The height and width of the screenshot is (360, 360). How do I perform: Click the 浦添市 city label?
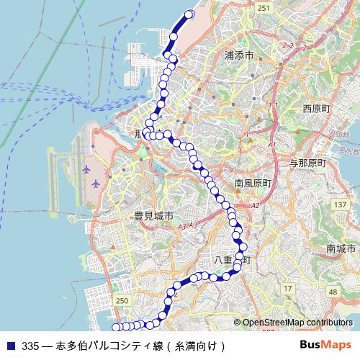tap(239, 55)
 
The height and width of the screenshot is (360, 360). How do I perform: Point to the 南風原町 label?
tap(252, 184)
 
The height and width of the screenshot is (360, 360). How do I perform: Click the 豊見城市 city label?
tap(153, 216)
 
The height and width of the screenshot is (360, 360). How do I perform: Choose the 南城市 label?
tap(341, 248)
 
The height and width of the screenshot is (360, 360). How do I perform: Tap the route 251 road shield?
tap(264, 7)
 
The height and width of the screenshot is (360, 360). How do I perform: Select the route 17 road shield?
tap(287, 289)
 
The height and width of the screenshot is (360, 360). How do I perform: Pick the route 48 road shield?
tap(332, 292)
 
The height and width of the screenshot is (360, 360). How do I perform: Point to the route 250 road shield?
tap(122, 300)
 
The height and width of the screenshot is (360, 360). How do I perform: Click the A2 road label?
tap(256, 206)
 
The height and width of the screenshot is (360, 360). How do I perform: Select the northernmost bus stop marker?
tap(191, 14)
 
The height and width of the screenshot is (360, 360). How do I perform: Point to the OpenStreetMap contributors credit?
tap(297, 323)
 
